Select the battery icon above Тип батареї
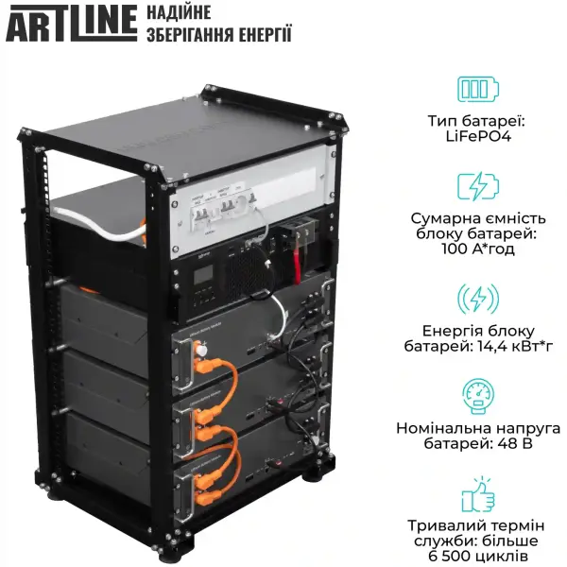point(478,89)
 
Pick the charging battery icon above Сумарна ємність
point(478,186)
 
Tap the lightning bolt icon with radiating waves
point(478,299)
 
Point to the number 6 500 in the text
point(438,558)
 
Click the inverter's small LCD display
point(204,276)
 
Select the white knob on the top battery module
point(201,359)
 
